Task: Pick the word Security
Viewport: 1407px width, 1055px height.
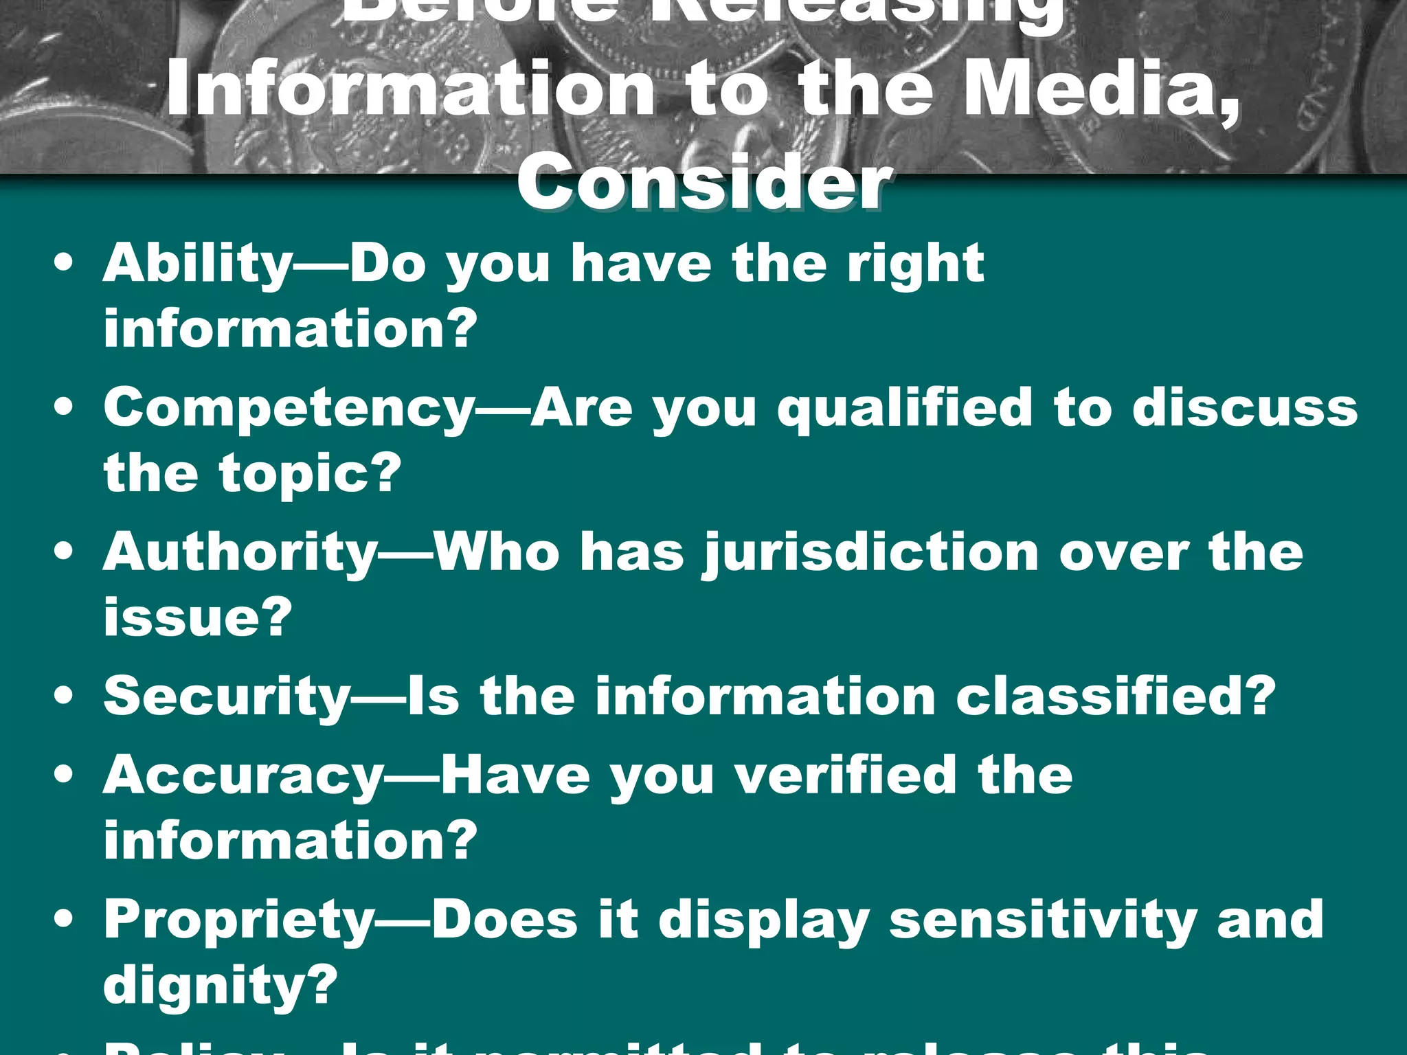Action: coord(227,696)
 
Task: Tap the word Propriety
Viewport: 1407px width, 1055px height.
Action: coord(239,920)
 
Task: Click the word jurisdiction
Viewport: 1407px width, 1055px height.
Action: coord(871,554)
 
